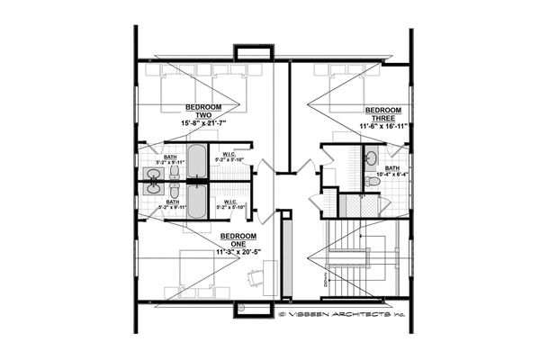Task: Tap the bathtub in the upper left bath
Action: (x=197, y=162)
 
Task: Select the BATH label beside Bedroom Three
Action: (x=392, y=167)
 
